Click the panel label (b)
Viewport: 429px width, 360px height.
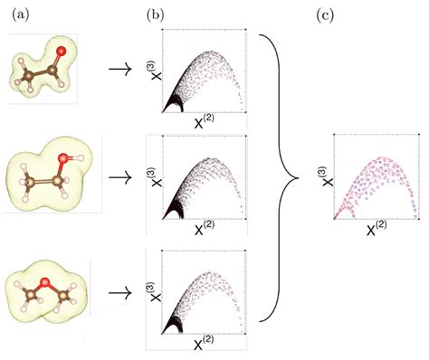157,13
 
